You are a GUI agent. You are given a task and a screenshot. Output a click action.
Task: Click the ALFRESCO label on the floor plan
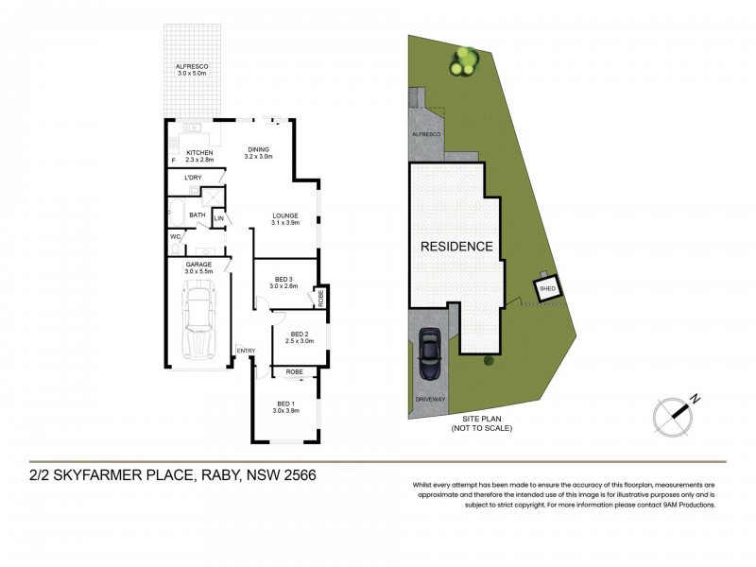pyautogui.click(x=192, y=67)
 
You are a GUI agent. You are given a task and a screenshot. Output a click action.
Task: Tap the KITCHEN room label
pyautogui.click(x=199, y=153)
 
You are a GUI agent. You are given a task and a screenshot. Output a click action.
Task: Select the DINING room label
pyautogui.click(x=258, y=149)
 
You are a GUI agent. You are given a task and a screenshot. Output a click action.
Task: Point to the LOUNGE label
pyautogui.click(x=284, y=215)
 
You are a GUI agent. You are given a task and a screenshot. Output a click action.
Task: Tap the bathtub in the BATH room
pyautogui.click(x=176, y=210)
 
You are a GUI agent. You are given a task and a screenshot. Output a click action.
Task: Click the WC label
pyautogui.click(x=175, y=236)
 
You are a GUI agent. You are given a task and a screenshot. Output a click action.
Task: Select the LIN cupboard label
pyautogui.click(x=218, y=219)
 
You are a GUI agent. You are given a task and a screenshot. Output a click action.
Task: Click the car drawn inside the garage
pyautogui.click(x=199, y=320)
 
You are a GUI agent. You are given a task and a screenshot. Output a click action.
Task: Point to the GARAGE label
pyautogui.click(x=198, y=265)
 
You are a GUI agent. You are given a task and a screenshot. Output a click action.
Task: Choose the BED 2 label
pyautogui.click(x=300, y=334)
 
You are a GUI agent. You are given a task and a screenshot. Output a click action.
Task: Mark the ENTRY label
pyautogui.click(x=246, y=352)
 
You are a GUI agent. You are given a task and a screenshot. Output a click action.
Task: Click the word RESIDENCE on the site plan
pyautogui.click(x=457, y=247)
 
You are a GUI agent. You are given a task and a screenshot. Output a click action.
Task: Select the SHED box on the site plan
pyautogui.click(x=547, y=288)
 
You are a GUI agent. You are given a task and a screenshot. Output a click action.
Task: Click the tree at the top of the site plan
pyautogui.click(x=463, y=61)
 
